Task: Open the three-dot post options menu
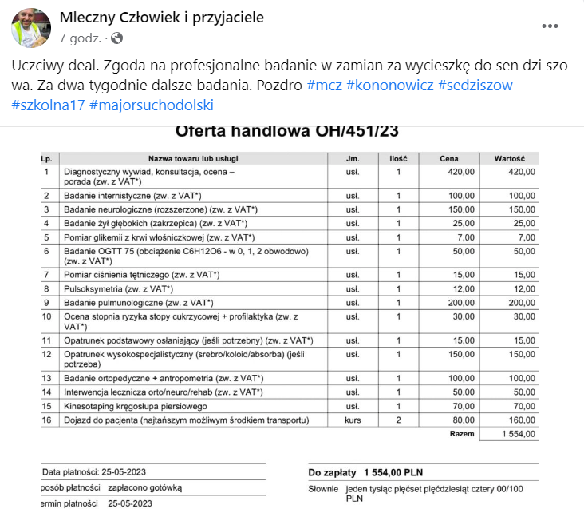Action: [x=550, y=26]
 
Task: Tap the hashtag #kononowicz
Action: [x=389, y=86]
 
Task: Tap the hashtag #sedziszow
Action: [x=475, y=86]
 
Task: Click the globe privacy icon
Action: [x=117, y=38]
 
